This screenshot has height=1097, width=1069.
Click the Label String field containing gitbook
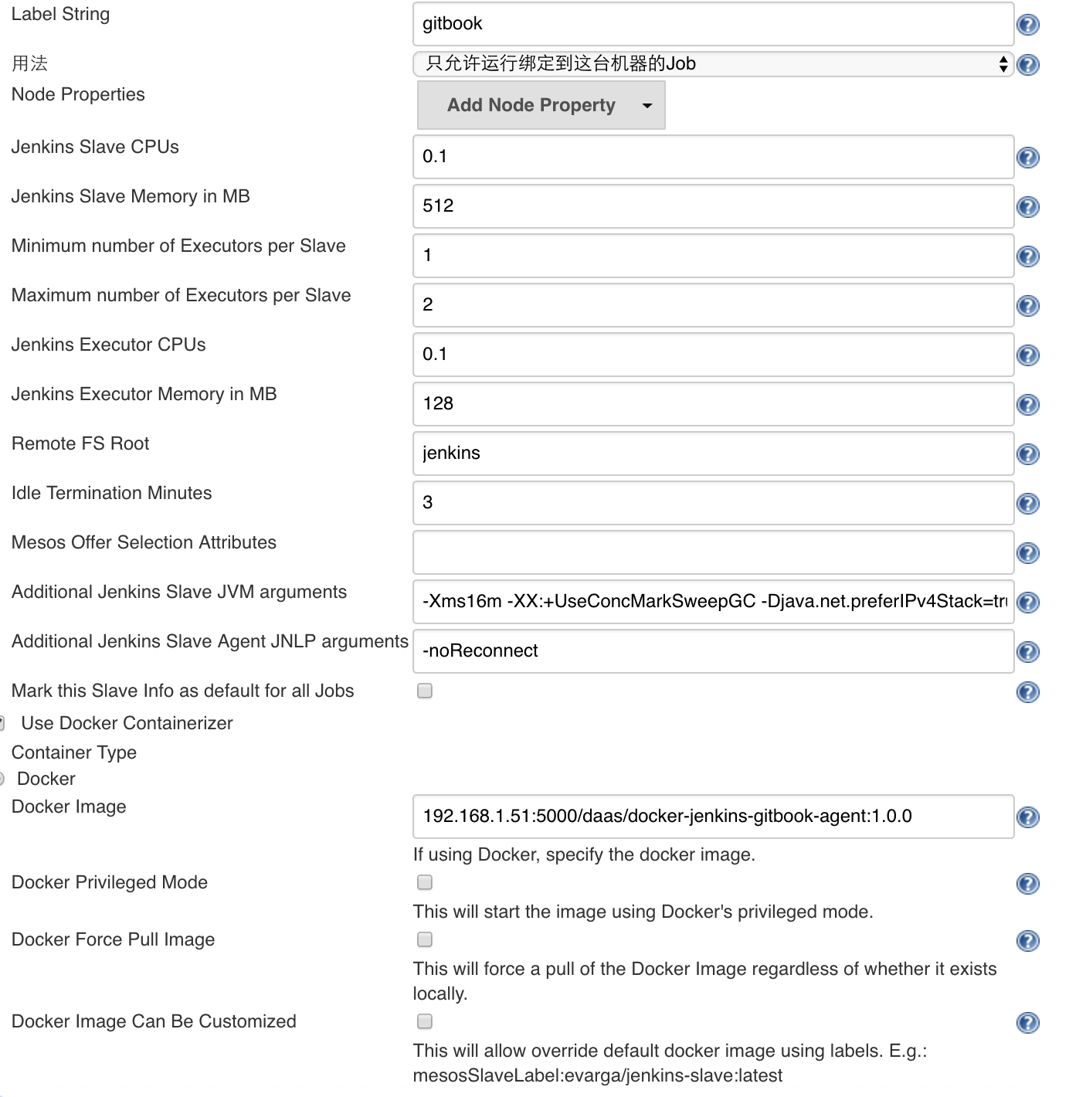(712, 24)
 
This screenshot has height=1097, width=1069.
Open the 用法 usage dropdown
(712, 63)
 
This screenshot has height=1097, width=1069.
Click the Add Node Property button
(541, 105)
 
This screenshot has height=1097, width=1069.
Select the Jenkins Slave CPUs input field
(712, 157)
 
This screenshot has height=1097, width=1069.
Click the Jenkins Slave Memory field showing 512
(712, 206)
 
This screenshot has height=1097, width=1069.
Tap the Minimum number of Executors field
(712, 256)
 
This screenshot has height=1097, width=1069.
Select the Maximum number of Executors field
(712, 305)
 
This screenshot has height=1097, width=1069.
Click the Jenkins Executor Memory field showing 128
(712, 404)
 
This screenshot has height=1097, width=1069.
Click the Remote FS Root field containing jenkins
(712, 453)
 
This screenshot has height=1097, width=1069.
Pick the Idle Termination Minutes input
(712, 503)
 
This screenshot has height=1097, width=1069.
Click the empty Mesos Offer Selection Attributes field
(712, 552)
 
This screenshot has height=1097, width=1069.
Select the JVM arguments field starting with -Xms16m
(712, 602)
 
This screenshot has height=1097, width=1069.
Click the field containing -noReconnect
(712, 651)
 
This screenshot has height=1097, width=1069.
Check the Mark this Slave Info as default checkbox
(425, 691)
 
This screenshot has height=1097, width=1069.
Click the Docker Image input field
(712, 817)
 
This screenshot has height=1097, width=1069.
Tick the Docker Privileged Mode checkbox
(425, 882)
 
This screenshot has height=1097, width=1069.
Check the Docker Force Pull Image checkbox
(425, 939)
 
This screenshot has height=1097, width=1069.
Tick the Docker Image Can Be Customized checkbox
(425, 1021)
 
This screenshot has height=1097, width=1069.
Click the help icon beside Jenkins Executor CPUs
(1028, 355)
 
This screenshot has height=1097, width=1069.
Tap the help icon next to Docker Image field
(1028, 817)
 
